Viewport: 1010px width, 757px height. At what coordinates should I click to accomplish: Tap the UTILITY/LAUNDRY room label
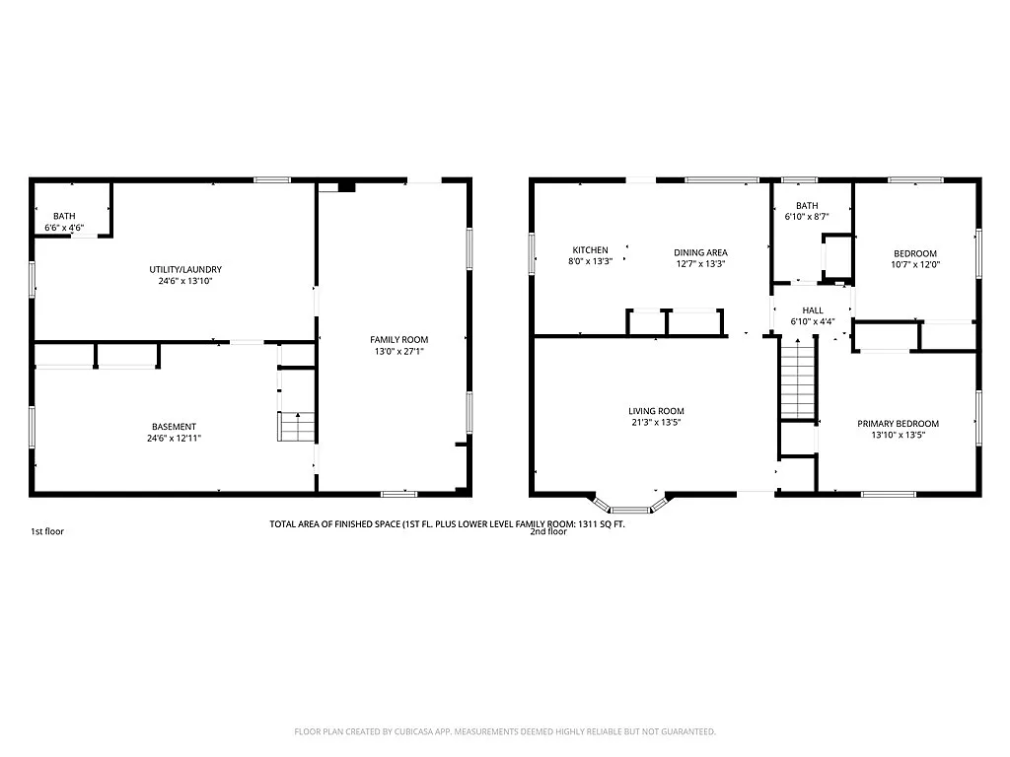tap(185, 269)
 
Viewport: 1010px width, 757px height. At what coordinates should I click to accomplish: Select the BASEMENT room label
tap(174, 427)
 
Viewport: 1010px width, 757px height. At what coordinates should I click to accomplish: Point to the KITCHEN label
tap(590, 250)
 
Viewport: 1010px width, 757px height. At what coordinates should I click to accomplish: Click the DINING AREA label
tap(700, 252)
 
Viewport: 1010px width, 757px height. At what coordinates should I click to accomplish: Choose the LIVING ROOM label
tap(656, 411)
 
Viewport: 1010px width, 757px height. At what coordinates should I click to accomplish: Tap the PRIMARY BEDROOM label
tap(898, 423)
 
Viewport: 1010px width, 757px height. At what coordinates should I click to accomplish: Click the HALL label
tap(812, 310)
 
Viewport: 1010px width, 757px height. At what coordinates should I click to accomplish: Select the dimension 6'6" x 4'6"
tap(64, 228)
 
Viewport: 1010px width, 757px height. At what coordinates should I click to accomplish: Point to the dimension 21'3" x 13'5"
tap(656, 423)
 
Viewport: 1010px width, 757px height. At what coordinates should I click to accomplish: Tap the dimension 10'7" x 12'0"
tap(915, 264)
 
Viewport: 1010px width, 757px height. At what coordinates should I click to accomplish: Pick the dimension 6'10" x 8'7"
tap(807, 217)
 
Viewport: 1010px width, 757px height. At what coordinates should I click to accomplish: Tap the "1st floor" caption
tap(47, 531)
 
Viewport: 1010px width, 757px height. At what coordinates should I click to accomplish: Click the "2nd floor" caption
tap(548, 531)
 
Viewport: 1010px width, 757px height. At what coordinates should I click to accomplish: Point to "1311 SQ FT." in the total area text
tap(597, 524)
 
